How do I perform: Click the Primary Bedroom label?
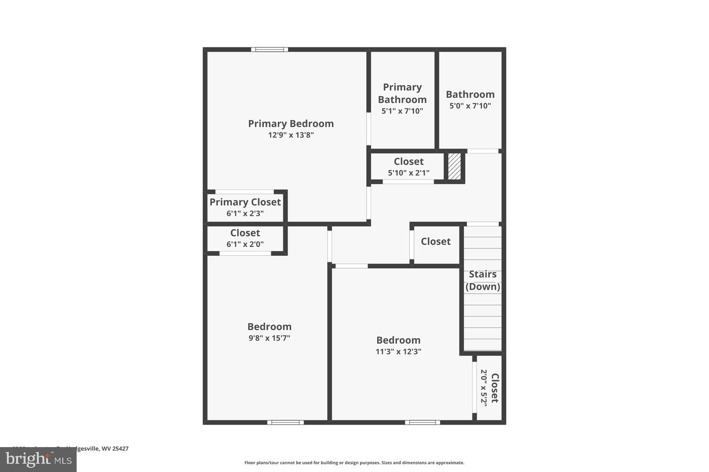(x=291, y=124)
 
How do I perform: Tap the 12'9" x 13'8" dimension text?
(x=291, y=135)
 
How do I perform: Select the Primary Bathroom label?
(x=402, y=93)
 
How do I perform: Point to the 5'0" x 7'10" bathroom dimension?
(x=470, y=106)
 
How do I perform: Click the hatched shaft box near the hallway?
(x=455, y=166)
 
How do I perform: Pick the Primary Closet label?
(x=245, y=202)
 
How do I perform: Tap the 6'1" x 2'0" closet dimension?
(x=245, y=244)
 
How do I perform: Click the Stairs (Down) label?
(x=483, y=280)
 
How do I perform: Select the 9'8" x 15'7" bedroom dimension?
(x=270, y=338)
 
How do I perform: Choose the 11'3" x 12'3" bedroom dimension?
(x=398, y=351)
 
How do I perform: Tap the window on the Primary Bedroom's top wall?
(x=270, y=49)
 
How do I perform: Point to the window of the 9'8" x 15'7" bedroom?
(x=285, y=422)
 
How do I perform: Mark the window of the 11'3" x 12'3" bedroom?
(x=422, y=422)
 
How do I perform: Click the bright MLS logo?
(x=38, y=459)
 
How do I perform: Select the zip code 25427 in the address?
(x=121, y=448)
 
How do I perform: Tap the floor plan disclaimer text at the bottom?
(x=354, y=463)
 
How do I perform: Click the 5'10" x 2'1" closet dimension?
(x=409, y=173)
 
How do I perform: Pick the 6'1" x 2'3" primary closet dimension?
(x=245, y=213)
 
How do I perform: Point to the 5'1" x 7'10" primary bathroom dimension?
(x=402, y=111)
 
